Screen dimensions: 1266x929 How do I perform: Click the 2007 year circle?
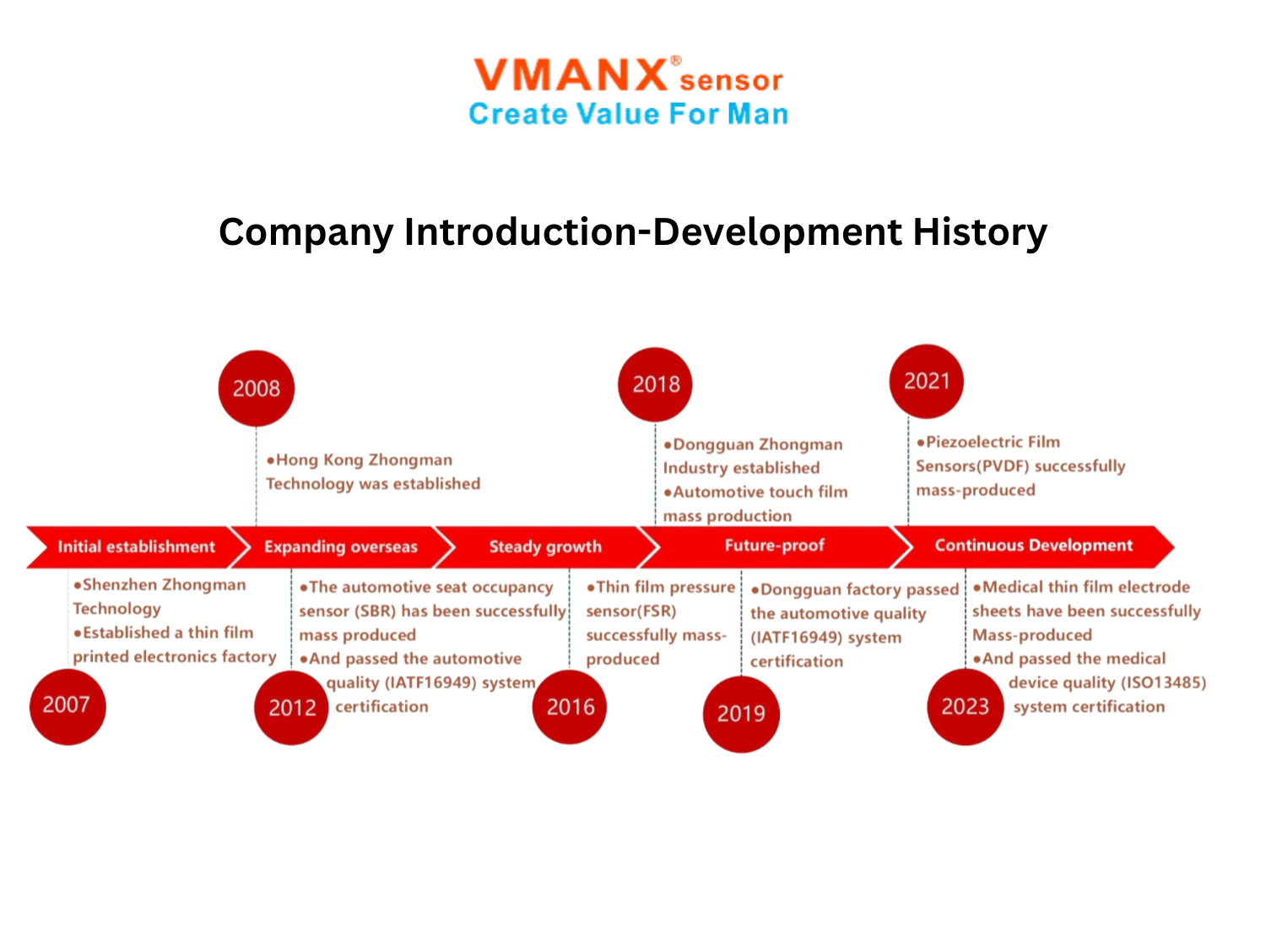pyautogui.click(x=68, y=708)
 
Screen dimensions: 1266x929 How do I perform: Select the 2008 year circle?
pyautogui.click(x=257, y=388)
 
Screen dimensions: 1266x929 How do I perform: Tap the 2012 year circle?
pyautogui.click(x=292, y=708)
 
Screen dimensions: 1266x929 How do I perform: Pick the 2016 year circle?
pyautogui.click(x=570, y=708)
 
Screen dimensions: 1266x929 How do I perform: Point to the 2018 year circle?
pyautogui.click(x=656, y=384)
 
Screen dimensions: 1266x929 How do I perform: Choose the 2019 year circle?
pyautogui.click(x=742, y=714)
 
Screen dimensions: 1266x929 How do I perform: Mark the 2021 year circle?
pyautogui.click(x=927, y=382)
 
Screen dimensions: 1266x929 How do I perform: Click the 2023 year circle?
pyautogui.click(x=966, y=707)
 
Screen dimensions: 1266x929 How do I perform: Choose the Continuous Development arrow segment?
pyautogui.click(x=1034, y=546)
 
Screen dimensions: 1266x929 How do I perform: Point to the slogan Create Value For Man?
pyautogui.click(x=629, y=114)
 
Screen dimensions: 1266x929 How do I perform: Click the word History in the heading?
pyautogui.click(x=980, y=232)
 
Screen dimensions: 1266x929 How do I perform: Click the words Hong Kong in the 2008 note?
pyautogui.click(x=320, y=460)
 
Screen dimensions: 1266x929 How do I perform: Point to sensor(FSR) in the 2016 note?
pyautogui.click(x=631, y=611)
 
